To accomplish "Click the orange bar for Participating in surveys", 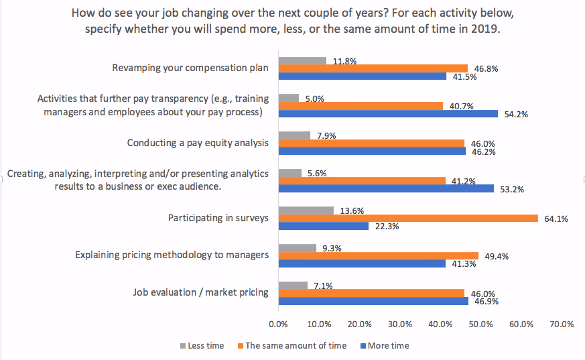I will [408, 218].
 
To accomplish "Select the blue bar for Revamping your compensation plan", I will [363, 76].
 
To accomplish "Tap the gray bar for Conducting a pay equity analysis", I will [294, 135].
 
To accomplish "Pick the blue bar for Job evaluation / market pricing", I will [373, 301].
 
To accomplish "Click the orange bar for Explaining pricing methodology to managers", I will [379, 255].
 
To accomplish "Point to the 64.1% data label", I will [556, 218].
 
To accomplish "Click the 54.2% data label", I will [515, 114].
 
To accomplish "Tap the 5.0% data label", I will [314, 99].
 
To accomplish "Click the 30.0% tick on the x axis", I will [399, 324].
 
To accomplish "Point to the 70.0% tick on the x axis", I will [562, 324].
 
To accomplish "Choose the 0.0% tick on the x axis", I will [278, 324].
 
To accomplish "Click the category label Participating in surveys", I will [218, 218].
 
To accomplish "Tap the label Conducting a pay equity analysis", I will [198, 143].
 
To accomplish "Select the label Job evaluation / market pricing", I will [201, 292].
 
